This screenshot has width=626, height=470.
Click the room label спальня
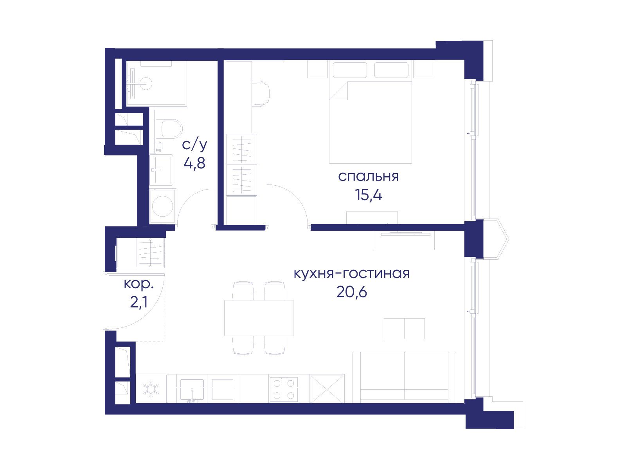[x=368, y=177]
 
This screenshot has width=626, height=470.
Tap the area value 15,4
[x=368, y=195]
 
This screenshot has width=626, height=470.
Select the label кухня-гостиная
[x=352, y=273]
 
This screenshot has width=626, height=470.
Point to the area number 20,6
[x=352, y=292]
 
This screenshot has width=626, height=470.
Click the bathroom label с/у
[x=194, y=145]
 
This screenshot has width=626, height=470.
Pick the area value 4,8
[x=194, y=163]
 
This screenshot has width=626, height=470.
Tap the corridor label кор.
[x=139, y=284]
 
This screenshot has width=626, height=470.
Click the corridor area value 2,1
[x=139, y=302]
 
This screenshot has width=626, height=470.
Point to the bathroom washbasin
[x=161, y=170]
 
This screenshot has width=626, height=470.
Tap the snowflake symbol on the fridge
[x=151, y=389]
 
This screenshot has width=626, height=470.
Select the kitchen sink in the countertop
[x=192, y=390]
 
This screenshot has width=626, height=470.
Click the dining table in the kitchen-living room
[x=259, y=318]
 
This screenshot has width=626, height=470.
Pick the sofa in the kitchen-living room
[x=404, y=377]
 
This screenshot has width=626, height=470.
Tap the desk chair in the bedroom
[x=261, y=94]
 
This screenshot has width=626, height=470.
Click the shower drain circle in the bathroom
[x=146, y=83]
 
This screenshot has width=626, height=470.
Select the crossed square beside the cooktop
[x=327, y=389]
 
